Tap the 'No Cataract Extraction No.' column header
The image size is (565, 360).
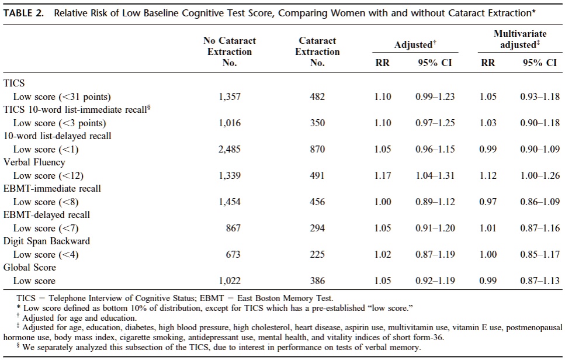click(x=230, y=51)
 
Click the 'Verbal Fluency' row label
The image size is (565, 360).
click(x=34, y=162)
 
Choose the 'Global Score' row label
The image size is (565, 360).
click(x=30, y=267)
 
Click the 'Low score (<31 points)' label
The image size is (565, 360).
click(x=62, y=97)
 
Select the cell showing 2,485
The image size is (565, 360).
click(x=230, y=150)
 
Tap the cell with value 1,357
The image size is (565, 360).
click(x=230, y=97)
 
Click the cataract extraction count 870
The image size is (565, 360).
click(x=317, y=150)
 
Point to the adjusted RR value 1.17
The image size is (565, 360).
click(x=383, y=176)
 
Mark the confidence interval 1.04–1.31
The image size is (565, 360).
click(x=435, y=176)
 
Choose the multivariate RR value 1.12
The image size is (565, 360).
click(x=488, y=176)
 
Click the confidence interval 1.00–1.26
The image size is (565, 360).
click(x=540, y=176)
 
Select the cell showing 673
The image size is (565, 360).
click(x=233, y=254)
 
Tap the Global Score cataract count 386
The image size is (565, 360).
click(x=317, y=281)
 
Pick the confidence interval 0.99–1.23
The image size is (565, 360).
click(x=435, y=97)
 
